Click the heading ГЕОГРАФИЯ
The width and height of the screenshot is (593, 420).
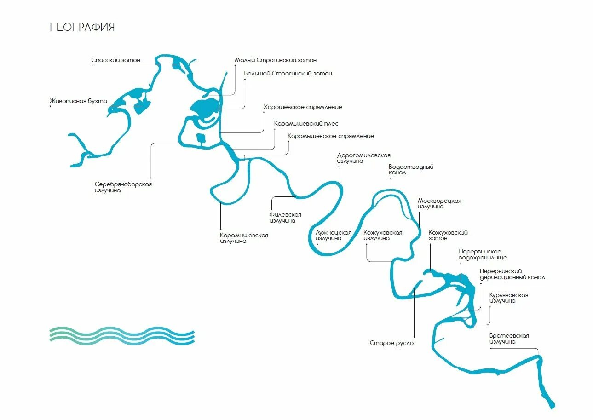82,27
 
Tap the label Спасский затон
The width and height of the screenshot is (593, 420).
115,60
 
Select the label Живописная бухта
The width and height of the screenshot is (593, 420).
78,101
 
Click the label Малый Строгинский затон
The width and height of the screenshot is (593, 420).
276,60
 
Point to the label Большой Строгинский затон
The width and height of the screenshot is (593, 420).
288,74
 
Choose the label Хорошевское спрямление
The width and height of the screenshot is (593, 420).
302,107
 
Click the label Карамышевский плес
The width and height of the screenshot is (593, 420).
306,124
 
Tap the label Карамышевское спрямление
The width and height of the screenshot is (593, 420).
330,136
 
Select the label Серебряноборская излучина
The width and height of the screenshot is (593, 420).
123,187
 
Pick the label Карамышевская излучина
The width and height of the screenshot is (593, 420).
244,238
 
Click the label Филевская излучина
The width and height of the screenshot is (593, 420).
285,218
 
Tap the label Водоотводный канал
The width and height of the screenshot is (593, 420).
411,170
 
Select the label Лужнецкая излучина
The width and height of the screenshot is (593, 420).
333,236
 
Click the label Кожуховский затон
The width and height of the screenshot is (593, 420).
448,236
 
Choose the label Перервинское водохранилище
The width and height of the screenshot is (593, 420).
483,254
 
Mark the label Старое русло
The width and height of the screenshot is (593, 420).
391,343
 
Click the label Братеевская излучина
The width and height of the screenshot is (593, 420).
509,339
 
